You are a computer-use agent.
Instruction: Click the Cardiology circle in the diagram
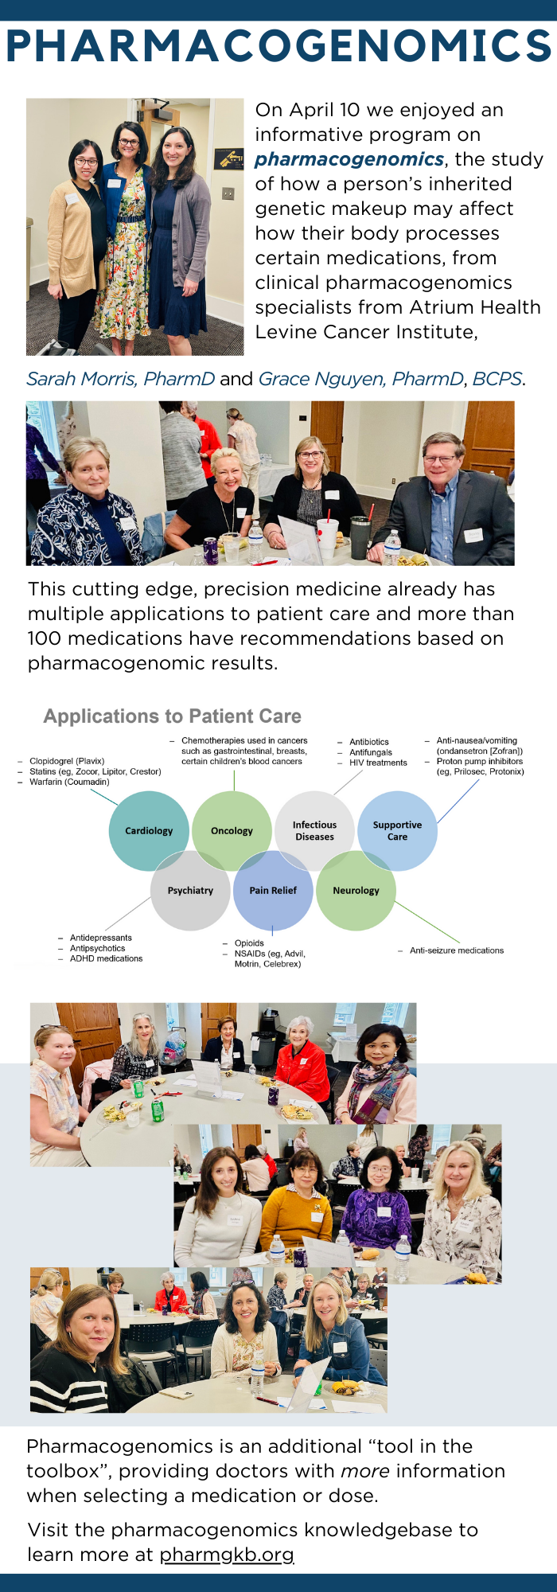(149, 830)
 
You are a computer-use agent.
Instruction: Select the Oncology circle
(232, 830)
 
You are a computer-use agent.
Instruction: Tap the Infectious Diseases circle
(314, 830)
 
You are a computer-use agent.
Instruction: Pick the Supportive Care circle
(397, 830)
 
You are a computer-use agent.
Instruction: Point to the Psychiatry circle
(190, 890)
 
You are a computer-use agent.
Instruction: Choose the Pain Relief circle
(273, 890)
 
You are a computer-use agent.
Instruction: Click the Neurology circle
(356, 890)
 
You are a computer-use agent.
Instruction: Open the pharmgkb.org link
(227, 1554)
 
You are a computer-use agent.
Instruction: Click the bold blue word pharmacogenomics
(349, 159)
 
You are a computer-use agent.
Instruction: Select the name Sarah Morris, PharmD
(121, 379)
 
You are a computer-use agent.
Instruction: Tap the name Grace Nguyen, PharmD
(361, 379)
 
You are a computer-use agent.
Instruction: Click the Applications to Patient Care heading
(173, 716)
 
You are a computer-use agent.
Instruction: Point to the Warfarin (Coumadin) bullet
(68, 782)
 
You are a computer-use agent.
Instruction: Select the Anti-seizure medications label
(456, 950)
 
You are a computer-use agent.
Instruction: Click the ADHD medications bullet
(105, 958)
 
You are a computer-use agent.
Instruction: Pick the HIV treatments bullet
(377, 763)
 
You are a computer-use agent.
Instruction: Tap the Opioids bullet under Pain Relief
(248, 943)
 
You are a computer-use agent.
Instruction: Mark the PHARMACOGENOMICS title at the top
(278, 45)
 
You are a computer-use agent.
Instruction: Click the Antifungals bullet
(370, 752)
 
